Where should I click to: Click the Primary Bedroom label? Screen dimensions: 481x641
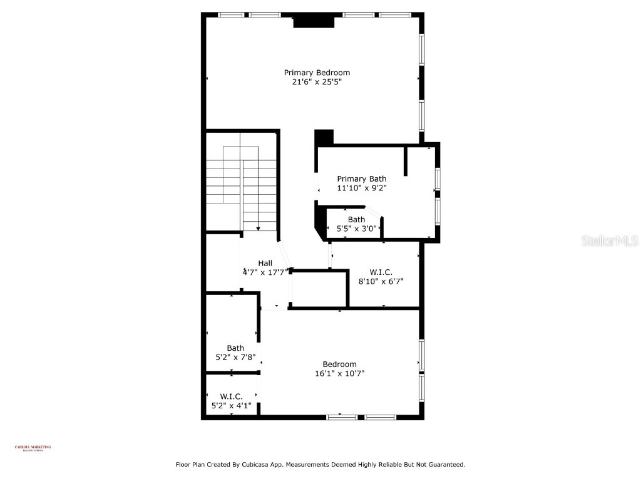pyautogui.click(x=317, y=73)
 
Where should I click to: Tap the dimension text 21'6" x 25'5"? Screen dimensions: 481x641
pyautogui.click(x=317, y=81)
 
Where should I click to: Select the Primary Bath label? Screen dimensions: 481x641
pyautogui.click(x=361, y=178)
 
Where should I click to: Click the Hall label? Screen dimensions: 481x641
pyautogui.click(x=265, y=263)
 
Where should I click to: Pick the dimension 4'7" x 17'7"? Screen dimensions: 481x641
pyautogui.click(x=265, y=272)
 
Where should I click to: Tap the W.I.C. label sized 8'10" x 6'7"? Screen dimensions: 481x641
pyautogui.click(x=381, y=272)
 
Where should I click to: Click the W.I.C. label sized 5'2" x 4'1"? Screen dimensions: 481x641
pyautogui.click(x=231, y=396)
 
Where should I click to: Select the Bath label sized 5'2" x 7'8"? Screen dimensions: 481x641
pyautogui.click(x=235, y=348)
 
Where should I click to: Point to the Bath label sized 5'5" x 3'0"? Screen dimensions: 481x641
pyautogui.click(x=356, y=219)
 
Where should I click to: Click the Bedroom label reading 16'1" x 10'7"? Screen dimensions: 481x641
pyautogui.click(x=339, y=365)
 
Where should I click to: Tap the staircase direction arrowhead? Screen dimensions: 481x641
pyautogui.click(x=257, y=229)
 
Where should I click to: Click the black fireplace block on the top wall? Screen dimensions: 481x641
pyautogui.click(x=314, y=21)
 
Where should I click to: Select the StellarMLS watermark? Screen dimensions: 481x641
pyautogui.click(x=609, y=240)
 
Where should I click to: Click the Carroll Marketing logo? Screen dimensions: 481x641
pyautogui.click(x=33, y=448)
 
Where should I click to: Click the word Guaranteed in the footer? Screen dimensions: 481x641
pyautogui.click(x=444, y=465)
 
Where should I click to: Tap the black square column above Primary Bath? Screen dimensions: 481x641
pyautogui.click(x=324, y=137)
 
